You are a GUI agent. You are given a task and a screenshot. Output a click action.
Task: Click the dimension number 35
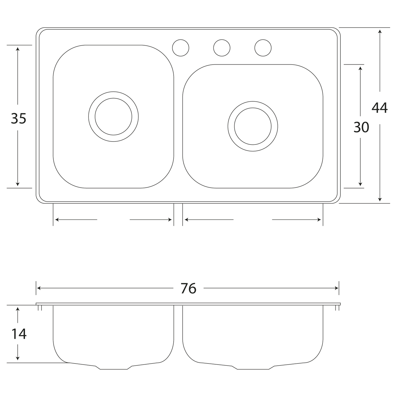tap(18, 118)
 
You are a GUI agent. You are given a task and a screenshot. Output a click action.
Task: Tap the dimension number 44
tap(379, 108)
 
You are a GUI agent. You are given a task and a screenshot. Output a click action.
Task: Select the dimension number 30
tap(361, 127)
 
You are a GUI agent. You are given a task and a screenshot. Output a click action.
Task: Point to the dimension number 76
tap(188, 288)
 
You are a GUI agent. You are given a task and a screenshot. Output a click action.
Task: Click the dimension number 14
tap(19, 334)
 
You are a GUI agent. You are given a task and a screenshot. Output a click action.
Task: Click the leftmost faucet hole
tap(181, 48)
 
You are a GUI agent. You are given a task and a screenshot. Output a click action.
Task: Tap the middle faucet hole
tap(222, 48)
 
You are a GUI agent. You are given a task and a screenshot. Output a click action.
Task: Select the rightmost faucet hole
tap(263, 48)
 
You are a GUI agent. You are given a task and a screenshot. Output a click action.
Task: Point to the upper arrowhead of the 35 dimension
tap(18, 49)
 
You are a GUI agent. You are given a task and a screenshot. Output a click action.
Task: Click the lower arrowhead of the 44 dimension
tap(380, 200)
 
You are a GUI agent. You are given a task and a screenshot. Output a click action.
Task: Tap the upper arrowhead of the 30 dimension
tap(360, 68)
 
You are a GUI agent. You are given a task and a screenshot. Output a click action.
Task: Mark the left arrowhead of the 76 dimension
tap(39, 288)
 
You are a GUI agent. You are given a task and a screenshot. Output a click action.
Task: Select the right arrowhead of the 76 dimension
tap(337, 288)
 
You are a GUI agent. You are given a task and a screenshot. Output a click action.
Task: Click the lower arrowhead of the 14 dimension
tap(18, 359)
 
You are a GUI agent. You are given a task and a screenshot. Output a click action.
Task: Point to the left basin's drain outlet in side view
tap(113, 368)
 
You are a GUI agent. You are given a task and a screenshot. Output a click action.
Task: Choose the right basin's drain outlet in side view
tap(253, 368)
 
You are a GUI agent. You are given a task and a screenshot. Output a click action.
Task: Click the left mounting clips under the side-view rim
tap(40, 308)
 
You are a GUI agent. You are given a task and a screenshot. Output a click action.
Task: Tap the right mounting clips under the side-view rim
tap(337, 308)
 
